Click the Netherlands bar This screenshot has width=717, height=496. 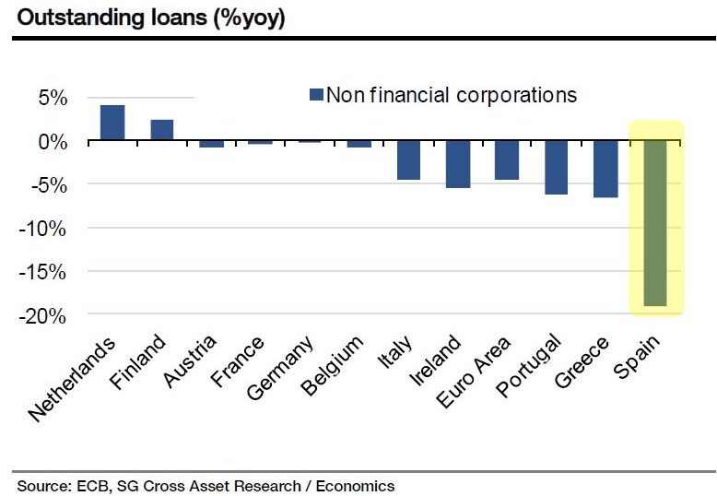point(112,123)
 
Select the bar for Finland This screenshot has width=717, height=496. point(162,130)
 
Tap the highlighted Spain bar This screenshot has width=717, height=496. point(655,222)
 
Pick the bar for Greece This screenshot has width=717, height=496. point(605,169)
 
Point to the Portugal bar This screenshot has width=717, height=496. point(556,167)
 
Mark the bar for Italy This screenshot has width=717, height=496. point(408,159)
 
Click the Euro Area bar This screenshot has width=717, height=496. point(507,159)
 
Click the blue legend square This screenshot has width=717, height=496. point(316,95)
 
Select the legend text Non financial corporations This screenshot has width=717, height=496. point(451,95)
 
